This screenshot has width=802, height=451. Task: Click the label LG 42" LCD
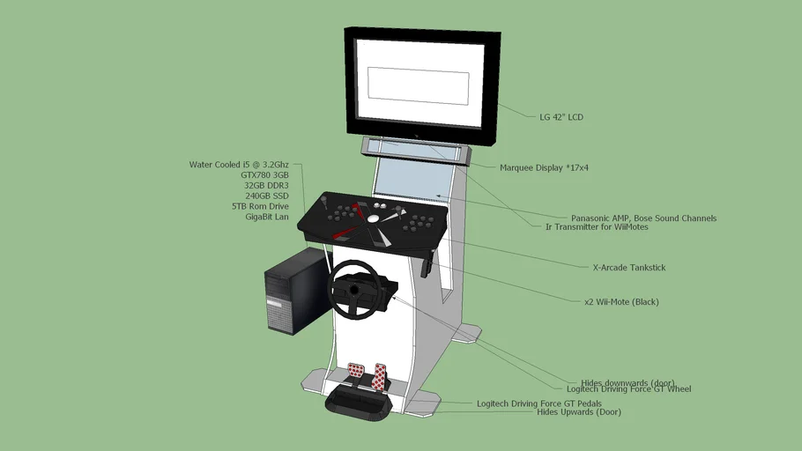(561, 117)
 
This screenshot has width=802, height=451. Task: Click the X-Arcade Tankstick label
(629, 267)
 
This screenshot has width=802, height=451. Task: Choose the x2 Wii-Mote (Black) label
(621, 302)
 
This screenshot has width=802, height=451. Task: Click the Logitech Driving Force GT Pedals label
(539, 403)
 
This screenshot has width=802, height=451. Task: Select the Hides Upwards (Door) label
(579, 411)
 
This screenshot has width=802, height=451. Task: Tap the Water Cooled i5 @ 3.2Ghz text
(239, 165)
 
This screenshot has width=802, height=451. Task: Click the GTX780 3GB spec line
(264, 175)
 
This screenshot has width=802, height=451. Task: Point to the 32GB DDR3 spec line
(266, 186)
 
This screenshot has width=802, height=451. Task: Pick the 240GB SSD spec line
(266, 196)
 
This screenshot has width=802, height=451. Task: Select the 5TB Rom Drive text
(260, 206)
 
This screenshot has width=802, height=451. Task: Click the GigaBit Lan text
(266, 217)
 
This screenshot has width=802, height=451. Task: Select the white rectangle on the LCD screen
(419, 84)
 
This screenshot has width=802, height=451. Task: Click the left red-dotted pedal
(357, 370)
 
